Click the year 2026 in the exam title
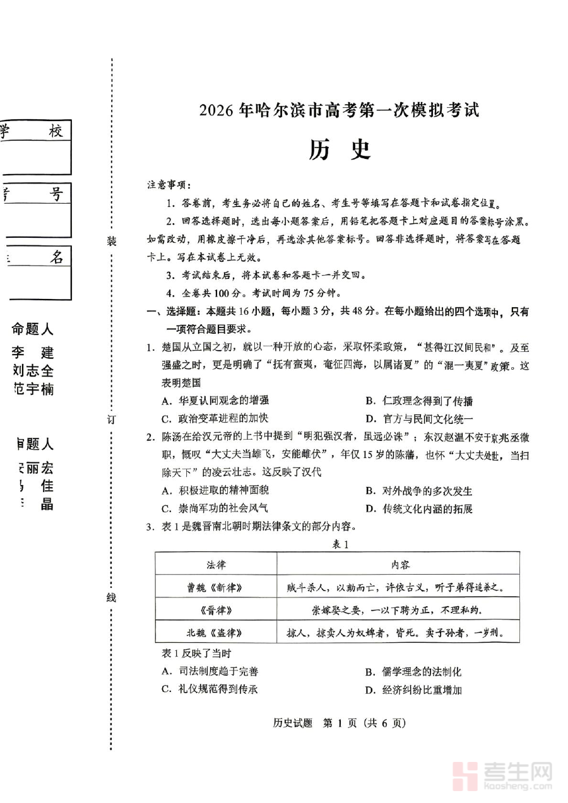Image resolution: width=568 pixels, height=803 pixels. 217,110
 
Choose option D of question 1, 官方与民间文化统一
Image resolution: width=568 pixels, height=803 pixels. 419,418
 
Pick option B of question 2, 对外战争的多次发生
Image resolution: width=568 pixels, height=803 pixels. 418,491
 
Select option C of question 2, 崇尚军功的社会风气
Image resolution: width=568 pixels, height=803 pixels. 215,508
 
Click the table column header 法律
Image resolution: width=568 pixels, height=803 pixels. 215,563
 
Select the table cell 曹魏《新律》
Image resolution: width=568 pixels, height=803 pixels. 215,587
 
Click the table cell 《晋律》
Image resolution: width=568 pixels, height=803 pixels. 215,610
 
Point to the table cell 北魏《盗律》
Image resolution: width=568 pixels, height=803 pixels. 215,632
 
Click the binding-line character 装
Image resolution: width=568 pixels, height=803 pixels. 112,242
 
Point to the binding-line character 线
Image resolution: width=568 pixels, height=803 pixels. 112,597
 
